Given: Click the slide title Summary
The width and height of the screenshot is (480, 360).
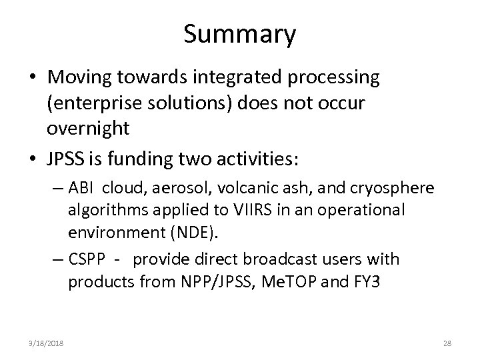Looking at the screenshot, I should (239, 35).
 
